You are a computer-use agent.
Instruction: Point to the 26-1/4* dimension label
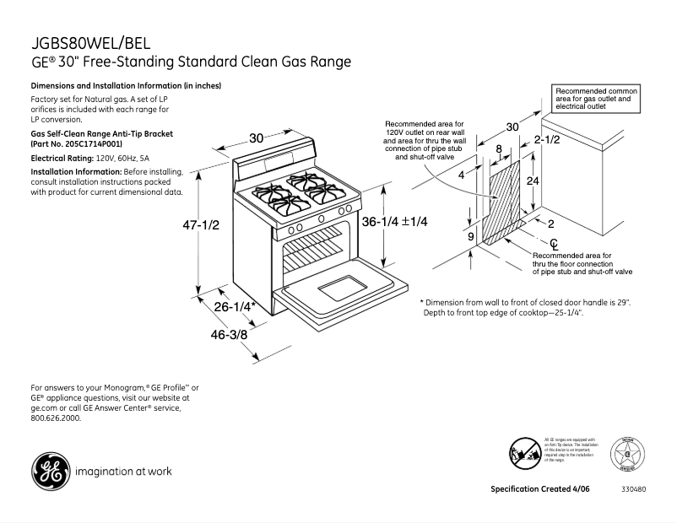point(235,308)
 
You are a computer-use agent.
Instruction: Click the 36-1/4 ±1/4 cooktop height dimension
point(395,222)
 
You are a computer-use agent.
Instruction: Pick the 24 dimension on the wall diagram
point(533,181)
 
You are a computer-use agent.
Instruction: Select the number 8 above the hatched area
point(499,149)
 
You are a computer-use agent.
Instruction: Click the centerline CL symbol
point(530,243)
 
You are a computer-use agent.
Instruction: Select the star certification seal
point(628,456)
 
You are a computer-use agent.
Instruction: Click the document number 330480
point(634,490)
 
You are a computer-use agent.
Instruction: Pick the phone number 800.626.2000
point(57,418)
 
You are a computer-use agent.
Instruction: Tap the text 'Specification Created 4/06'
point(540,490)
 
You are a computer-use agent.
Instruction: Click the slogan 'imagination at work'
point(124,472)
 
